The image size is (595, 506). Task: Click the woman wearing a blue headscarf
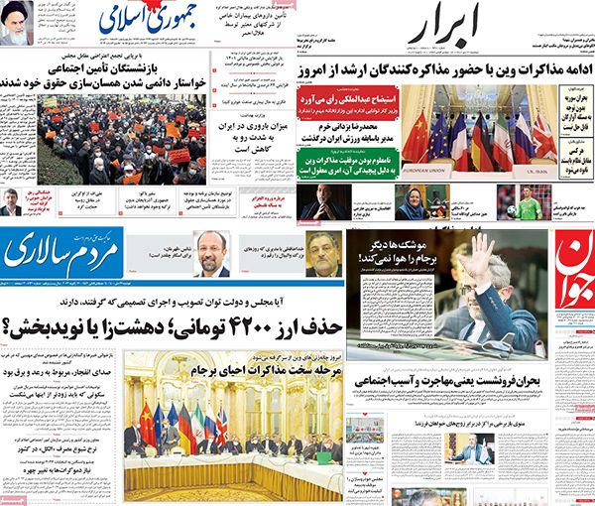click(411, 202)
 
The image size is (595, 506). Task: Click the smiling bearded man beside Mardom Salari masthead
click(211, 252)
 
